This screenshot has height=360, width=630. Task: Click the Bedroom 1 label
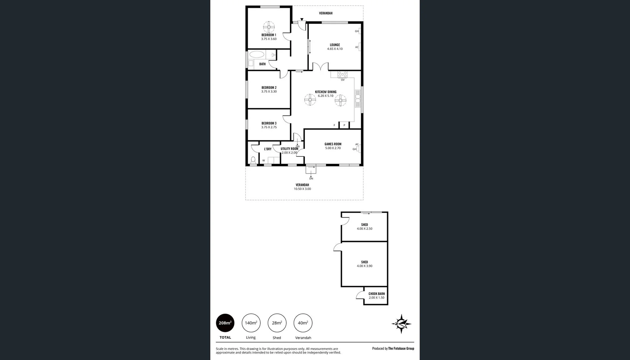(x=268, y=35)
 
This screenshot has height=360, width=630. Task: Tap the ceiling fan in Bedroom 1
(x=269, y=26)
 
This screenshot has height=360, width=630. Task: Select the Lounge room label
(x=335, y=45)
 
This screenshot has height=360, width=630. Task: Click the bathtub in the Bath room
(x=257, y=54)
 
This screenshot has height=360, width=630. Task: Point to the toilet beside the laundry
(x=253, y=160)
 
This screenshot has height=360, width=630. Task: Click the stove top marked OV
(x=342, y=74)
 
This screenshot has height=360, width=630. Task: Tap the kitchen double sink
(x=358, y=98)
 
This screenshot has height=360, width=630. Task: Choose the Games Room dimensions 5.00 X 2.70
(x=333, y=148)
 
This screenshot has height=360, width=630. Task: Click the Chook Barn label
(x=376, y=294)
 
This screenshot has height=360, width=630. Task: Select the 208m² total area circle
(x=225, y=323)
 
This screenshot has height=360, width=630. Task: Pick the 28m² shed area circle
(x=277, y=323)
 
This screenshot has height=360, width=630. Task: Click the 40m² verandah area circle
(x=303, y=323)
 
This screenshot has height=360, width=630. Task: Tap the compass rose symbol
(x=401, y=323)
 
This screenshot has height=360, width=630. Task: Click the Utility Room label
(x=289, y=149)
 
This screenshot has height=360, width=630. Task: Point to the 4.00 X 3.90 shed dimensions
(x=364, y=266)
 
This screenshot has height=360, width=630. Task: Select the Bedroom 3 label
(x=269, y=123)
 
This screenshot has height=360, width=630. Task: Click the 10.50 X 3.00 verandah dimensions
(x=302, y=189)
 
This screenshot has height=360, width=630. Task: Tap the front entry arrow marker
(x=302, y=20)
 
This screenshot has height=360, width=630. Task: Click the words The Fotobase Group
(x=401, y=348)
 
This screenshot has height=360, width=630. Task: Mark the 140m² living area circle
(x=251, y=323)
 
